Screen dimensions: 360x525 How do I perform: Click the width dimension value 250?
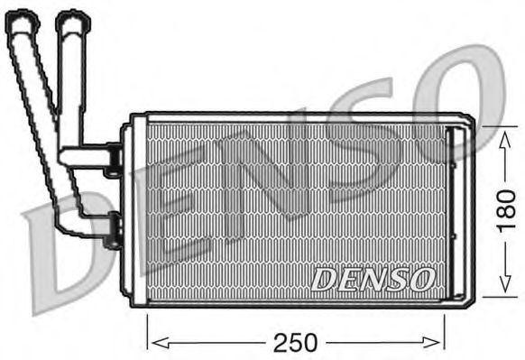(295, 342)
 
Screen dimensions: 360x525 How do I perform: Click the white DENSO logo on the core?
(373, 279)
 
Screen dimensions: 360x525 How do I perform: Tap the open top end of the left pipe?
(22, 18)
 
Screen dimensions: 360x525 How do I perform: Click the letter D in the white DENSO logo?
(324, 280)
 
